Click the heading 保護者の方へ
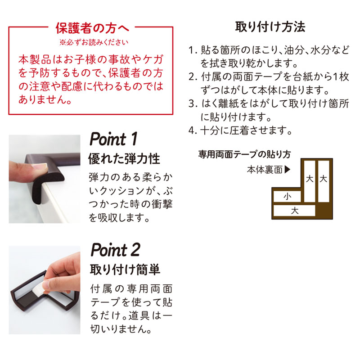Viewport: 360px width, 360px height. [x=92, y=28]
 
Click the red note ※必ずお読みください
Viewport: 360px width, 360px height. [x=94, y=42]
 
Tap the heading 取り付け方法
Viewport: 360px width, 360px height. [x=270, y=27]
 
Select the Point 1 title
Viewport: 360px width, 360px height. [x=114, y=139]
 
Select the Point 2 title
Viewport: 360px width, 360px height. [x=116, y=250]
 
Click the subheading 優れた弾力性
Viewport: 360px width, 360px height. [x=124, y=159]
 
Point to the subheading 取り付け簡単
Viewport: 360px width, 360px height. [x=125, y=270]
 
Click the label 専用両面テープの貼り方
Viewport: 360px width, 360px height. [x=245, y=154]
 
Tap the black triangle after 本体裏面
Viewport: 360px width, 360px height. [x=288, y=170]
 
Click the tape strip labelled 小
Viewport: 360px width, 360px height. [x=287, y=197]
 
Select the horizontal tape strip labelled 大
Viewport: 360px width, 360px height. [x=294, y=211]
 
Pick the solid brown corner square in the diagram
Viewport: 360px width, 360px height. [x=324, y=211]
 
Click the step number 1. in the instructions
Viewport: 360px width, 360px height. [x=193, y=50]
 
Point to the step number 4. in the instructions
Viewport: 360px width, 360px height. [x=193, y=131]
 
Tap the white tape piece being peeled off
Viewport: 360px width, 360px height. [x=38, y=288]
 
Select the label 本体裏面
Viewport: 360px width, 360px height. [x=265, y=170]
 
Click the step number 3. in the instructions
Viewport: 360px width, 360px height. [x=193, y=104]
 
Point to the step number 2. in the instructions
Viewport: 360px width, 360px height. [x=193, y=77]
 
